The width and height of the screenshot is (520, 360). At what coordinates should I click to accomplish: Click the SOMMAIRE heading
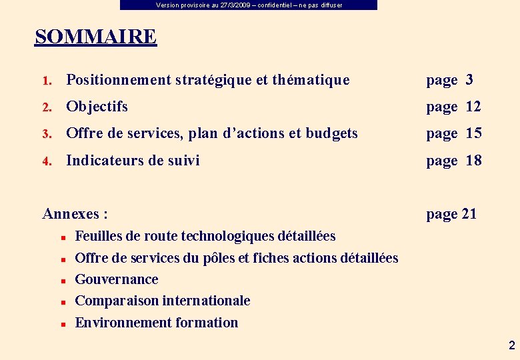95,37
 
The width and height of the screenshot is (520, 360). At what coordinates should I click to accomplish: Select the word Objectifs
97,107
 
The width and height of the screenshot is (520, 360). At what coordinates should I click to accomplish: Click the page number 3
469,80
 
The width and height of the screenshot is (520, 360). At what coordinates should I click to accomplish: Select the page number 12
473,107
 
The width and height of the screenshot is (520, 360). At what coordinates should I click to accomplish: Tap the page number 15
473,133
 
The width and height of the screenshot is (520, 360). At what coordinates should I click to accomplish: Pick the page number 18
473,160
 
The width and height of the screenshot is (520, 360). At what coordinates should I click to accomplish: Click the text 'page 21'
451,214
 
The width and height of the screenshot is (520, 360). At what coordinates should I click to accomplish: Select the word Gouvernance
117,279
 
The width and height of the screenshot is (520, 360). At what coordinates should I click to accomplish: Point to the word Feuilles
97,236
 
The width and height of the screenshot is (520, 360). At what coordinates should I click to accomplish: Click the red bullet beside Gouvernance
61,281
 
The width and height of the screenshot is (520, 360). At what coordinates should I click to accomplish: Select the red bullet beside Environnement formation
61,324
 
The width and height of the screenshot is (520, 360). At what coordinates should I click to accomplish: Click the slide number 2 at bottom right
511,345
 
